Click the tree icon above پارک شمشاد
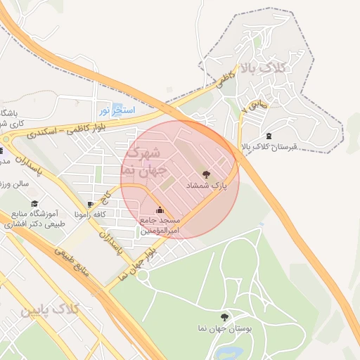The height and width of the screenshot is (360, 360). tap(205, 174)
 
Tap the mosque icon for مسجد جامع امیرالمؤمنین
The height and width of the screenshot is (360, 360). tap(160, 210)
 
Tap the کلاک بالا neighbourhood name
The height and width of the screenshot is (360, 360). tap(265, 69)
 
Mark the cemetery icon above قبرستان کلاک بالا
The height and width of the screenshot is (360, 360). tap(270, 136)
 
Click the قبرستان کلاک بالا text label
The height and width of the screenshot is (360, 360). tap(270, 147)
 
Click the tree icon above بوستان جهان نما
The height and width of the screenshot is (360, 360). tap(224, 317)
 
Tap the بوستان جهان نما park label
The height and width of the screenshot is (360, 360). tap(225, 329)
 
